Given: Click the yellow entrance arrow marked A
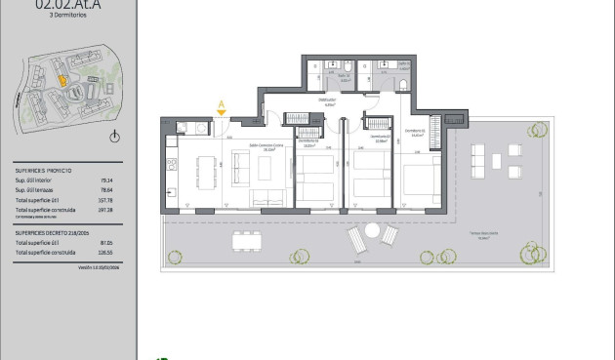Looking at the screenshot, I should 222,111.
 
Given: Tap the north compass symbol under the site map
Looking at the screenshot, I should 115,137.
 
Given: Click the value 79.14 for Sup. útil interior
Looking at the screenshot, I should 105,180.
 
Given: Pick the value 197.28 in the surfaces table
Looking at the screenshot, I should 105,209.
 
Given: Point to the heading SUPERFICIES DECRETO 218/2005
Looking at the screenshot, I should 55,233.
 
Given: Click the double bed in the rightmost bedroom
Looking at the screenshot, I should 421,181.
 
